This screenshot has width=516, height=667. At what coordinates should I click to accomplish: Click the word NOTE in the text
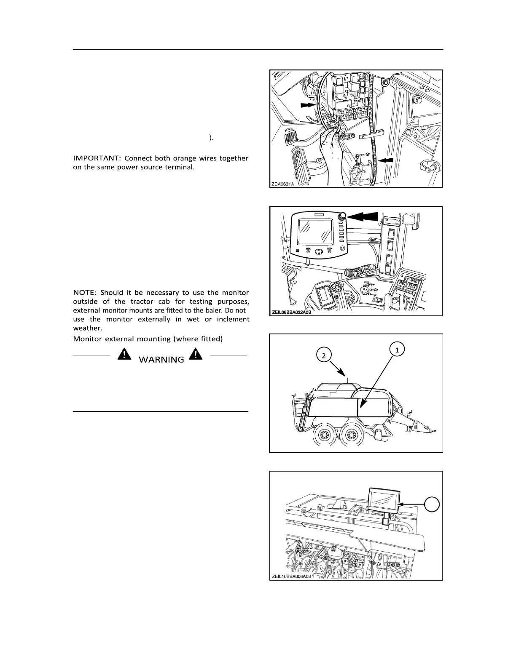coord(85,292)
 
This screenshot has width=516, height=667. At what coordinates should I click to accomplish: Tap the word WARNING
coord(161,360)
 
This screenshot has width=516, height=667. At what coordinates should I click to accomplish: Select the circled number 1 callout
coord(397,349)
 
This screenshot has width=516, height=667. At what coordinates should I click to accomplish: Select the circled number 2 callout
coord(323,356)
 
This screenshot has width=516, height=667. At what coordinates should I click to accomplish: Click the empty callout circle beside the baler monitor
coord(432,504)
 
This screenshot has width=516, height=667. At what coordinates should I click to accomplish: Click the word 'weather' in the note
coord(87,328)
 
